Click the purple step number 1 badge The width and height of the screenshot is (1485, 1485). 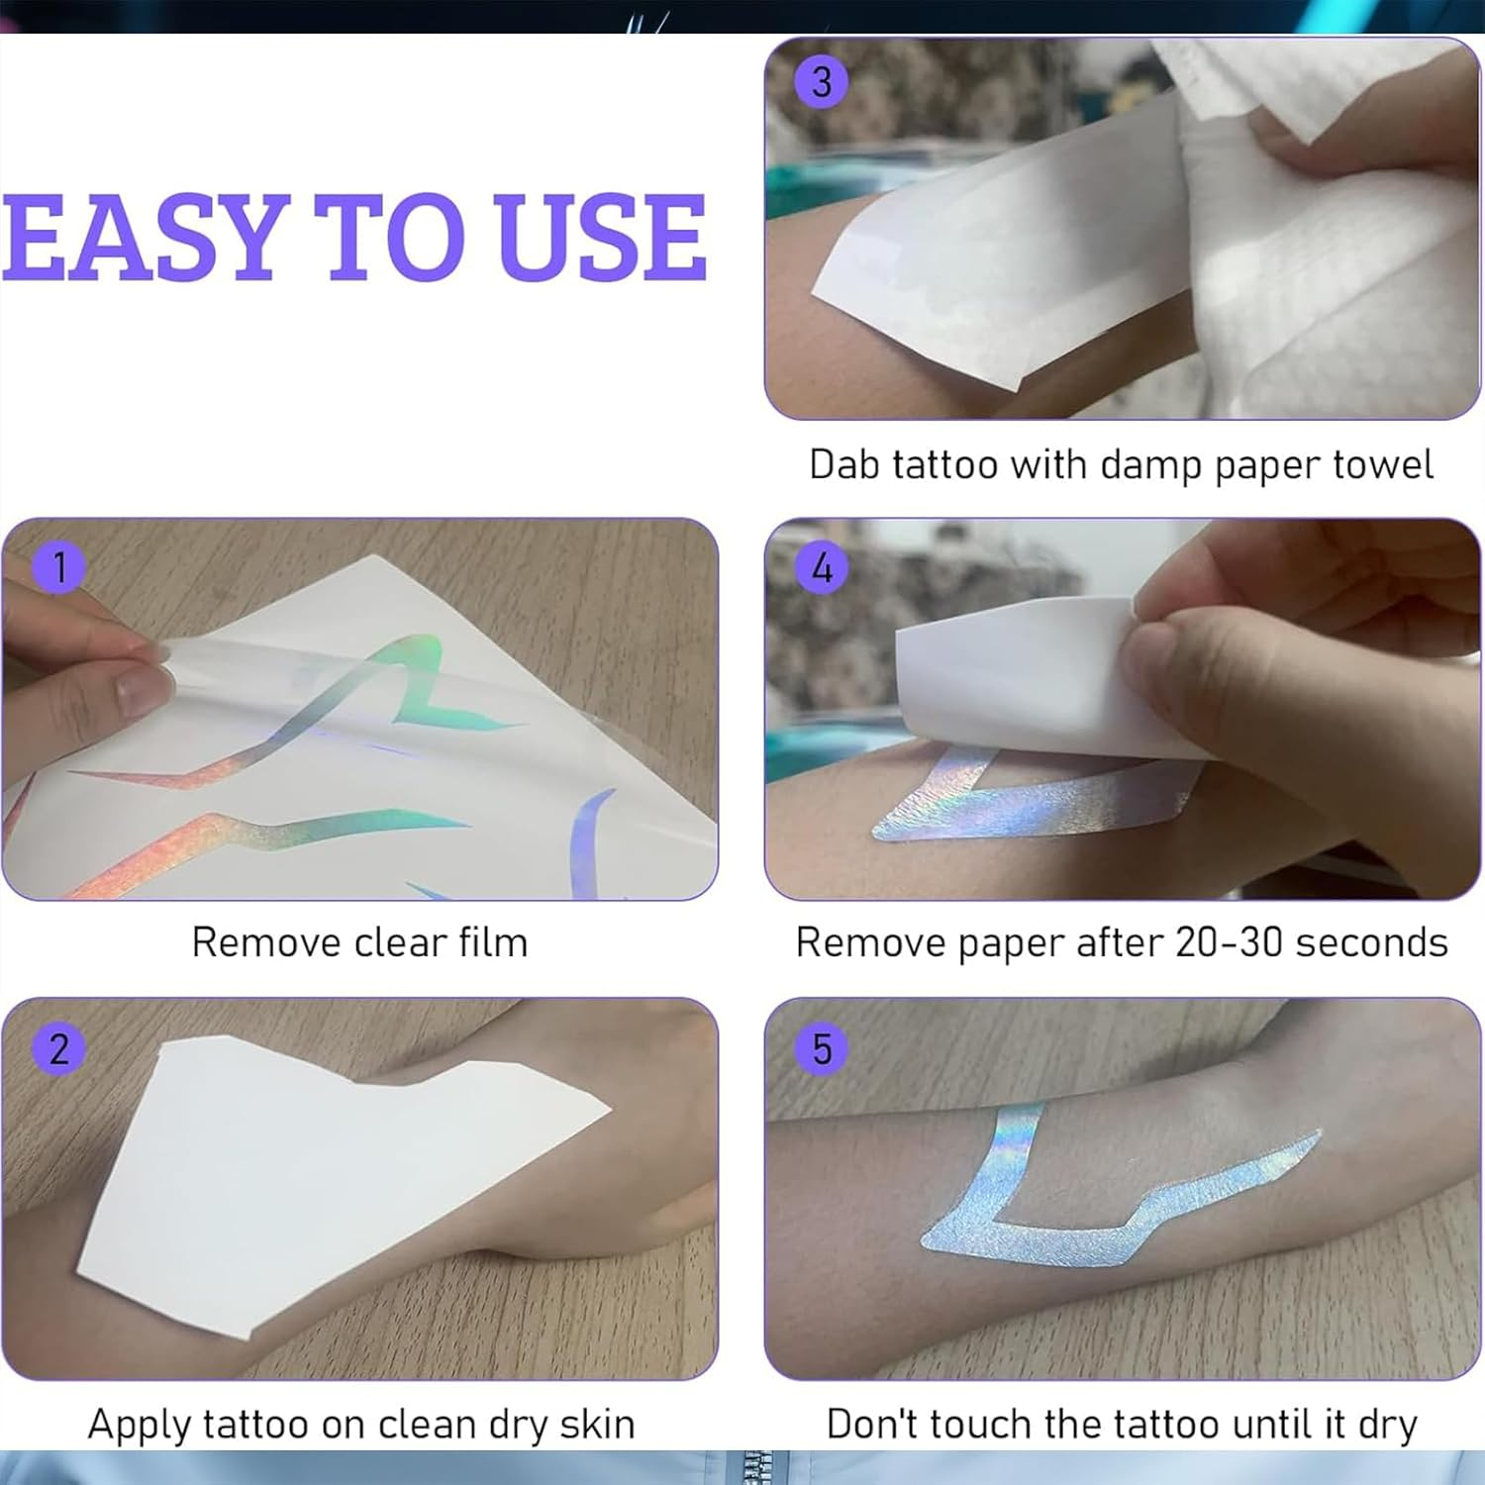[59, 568]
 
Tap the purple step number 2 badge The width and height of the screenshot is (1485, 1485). [59, 1048]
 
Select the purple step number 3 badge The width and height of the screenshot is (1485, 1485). [822, 81]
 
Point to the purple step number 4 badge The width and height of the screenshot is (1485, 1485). [822, 568]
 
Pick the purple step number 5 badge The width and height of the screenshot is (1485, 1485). [822, 1048]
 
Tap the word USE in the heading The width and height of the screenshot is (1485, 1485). [602, 238]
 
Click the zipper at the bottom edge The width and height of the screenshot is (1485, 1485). [754, 1467]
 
